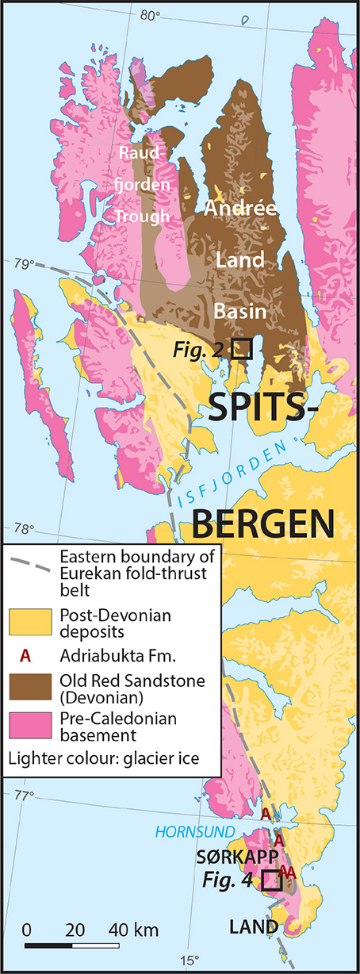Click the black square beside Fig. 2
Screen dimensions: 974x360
pyautogui.click(x=241, y=348)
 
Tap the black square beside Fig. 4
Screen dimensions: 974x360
pyautogui.click(x=271, y=880)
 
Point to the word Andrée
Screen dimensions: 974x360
pyautogui.click(x=239, y=209)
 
